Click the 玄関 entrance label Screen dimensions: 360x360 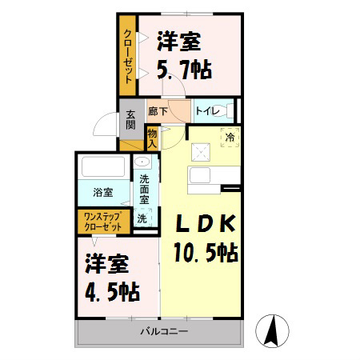click(x=130, y=123)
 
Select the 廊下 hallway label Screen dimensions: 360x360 click(x=158, y=112)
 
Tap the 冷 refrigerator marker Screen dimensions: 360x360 click(x=229, y=138)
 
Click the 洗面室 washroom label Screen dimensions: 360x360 click(x=144, y=190)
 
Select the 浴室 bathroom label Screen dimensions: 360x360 click(x=101, y=193)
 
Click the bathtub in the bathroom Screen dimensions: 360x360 click(x=102, y=169)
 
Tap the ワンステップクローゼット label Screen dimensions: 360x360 click(x=102, y=221)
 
